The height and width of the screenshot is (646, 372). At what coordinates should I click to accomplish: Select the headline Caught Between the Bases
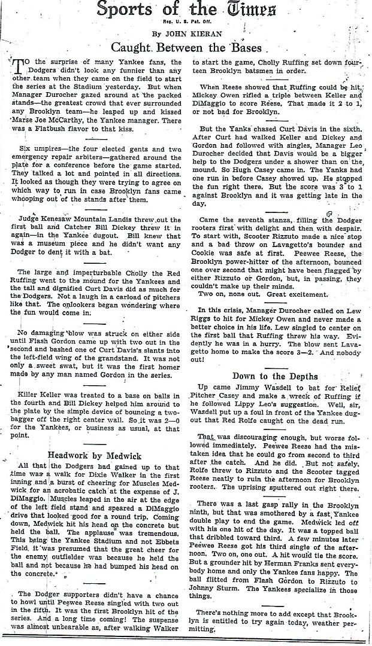(x=187, y=48)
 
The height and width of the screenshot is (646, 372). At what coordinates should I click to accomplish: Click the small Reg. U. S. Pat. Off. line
(x=186, y=22)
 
